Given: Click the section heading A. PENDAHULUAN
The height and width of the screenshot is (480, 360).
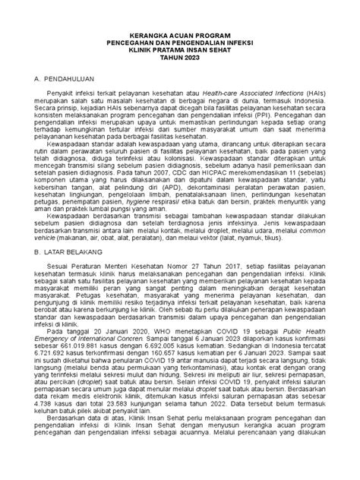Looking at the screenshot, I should [x=55, y=79].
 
